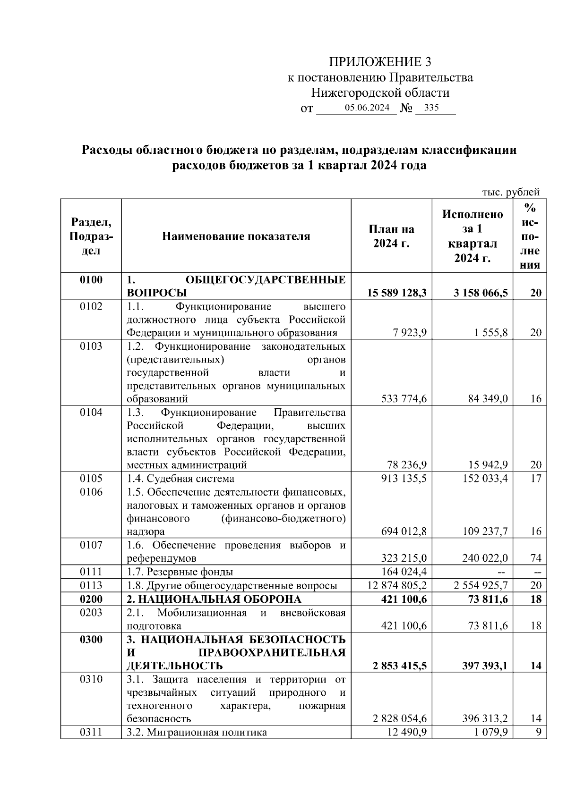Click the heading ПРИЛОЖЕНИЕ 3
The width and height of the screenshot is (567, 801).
pos(380,62)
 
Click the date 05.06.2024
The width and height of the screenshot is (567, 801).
pos(367,108)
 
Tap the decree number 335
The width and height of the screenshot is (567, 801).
pos(431,108)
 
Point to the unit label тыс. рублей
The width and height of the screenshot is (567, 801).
pos(510,192)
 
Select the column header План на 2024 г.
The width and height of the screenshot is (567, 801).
pos(391,236)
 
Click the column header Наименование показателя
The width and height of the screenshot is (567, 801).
pos(236,236)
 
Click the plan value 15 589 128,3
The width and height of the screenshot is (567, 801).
pos(397,293)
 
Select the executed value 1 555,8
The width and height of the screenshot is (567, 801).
pos(491,333)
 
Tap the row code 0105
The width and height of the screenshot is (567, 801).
pos(91,479)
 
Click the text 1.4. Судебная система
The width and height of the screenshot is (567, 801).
pos(180,479)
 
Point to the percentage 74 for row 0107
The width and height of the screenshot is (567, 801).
pos(535,558)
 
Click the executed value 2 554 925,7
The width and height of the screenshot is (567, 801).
pos(481,586)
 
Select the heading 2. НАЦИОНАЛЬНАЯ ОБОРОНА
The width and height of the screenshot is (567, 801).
pos(214,599)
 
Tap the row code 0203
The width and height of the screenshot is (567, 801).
pos(91,613)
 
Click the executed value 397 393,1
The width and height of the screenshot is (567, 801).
pos(484,666)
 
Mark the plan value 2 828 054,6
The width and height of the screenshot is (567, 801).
pos(400,719)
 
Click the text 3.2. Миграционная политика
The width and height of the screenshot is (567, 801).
pos(197,733)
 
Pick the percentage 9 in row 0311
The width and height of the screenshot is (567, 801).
pos(538,733)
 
